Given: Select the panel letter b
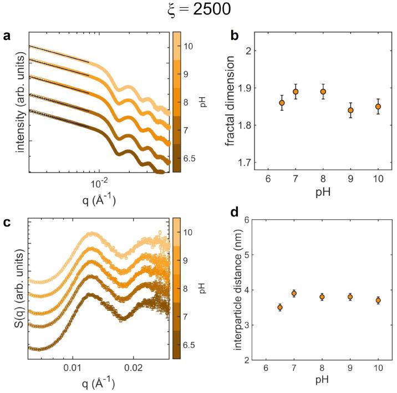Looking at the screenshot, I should point(218,37).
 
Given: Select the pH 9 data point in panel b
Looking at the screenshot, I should point(350,110).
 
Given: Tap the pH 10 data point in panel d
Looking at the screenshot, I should point(378,300).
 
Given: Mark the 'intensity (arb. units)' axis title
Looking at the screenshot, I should point(16,102).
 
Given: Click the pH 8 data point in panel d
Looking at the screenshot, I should point(323,297).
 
